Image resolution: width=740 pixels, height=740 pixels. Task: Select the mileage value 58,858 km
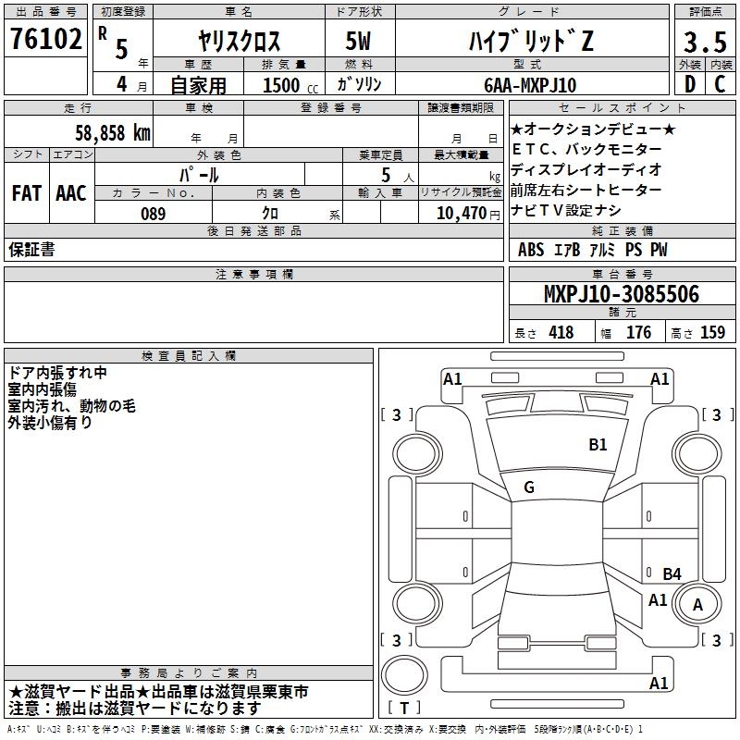coord(112,133)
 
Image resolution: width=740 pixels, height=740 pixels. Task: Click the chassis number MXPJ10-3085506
coord(621,295)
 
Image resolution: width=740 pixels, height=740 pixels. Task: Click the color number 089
coord(153,213)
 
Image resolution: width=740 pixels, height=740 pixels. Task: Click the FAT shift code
coord(27,193)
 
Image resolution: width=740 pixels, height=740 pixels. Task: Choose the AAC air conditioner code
coord(71,193)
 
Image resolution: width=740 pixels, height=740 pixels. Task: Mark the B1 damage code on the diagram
coord(598,445)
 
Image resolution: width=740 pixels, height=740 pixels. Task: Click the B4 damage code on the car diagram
coord(672,573)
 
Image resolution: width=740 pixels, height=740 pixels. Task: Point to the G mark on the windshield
coord(528,487)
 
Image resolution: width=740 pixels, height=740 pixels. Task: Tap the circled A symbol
coord(698,605)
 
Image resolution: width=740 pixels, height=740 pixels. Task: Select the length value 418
coord(561,333)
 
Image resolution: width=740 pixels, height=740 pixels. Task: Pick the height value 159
coord(712,333)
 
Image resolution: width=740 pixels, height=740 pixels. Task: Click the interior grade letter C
coord(720,85)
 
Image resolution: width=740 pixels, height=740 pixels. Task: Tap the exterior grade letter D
coord(689,85)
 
